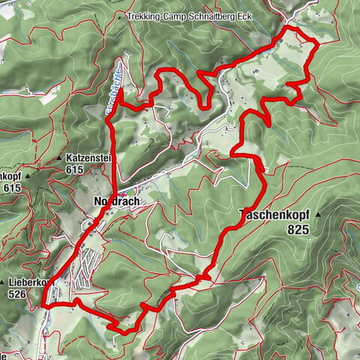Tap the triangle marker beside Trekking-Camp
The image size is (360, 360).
pos(120,16)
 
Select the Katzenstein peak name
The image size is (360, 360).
pos(91,159)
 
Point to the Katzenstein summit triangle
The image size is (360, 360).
pos(58,159)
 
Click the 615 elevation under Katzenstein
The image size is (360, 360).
pos(73,170)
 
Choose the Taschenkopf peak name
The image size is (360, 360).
pos(271,214)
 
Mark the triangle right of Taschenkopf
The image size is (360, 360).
pos(317,214)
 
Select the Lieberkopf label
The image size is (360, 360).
pos(30,283)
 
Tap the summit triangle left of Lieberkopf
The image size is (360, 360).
pos(4,283)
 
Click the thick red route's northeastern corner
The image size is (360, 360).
pos(317,43)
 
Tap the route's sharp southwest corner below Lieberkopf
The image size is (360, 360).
pos(44,306)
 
